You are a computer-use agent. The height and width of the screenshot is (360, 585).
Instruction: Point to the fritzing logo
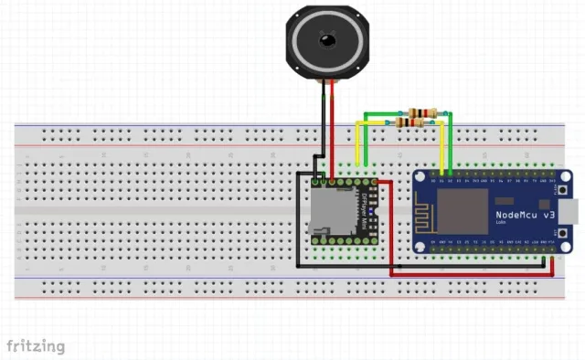[x=37, y=346]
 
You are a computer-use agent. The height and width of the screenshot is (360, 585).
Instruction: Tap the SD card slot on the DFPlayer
[x=324, y=212]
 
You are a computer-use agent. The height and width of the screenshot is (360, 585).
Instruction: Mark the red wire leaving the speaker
[x=333, y=128]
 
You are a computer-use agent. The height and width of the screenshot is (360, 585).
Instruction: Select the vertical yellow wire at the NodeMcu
[x=442, y=146]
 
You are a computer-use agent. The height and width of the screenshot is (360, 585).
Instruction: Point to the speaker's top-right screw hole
[x=356, y=12]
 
